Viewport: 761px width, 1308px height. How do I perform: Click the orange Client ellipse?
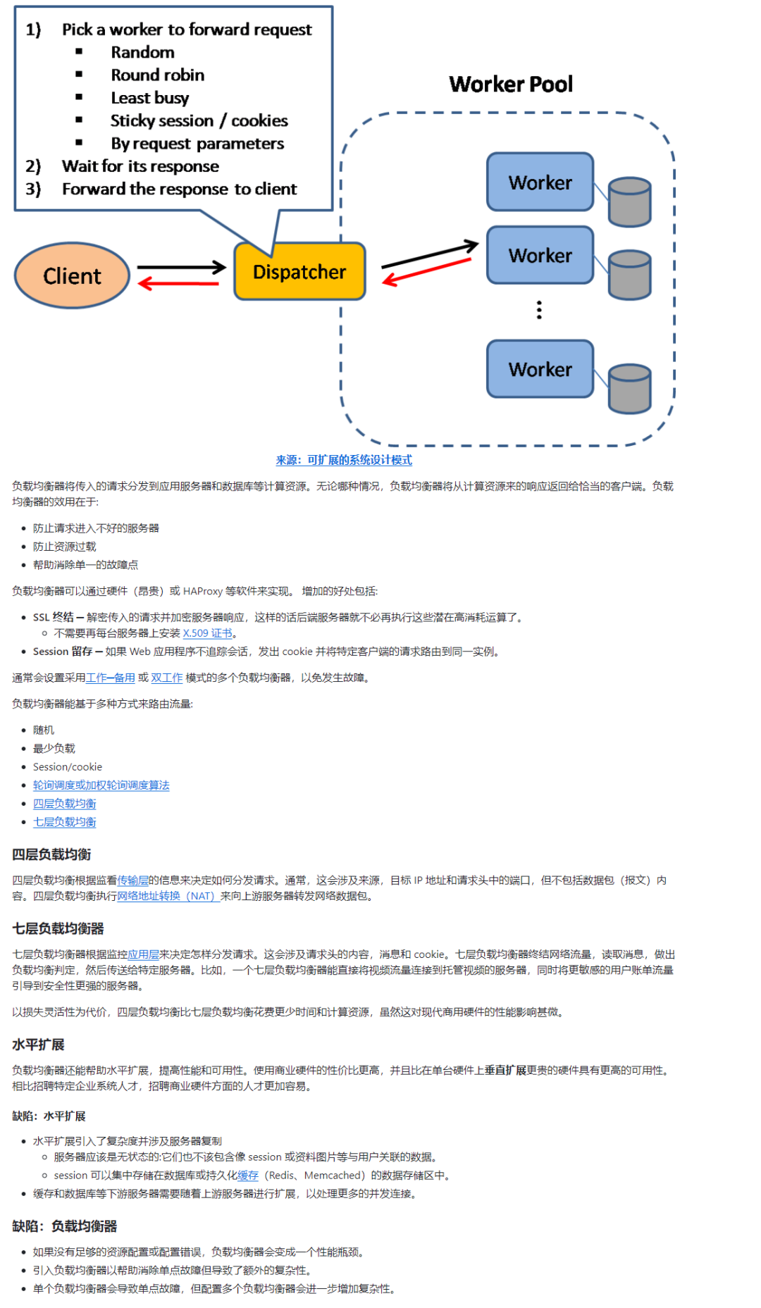[x=72, y=275]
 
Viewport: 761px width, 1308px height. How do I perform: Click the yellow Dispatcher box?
[x=299, y=272]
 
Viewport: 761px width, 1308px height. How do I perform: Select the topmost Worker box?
[x=540, y=182]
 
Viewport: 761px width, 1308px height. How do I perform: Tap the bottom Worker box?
[x=540, y=369]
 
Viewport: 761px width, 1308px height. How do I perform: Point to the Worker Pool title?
[x=511, y=85]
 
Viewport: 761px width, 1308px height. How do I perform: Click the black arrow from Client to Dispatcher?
[x=181, y=267]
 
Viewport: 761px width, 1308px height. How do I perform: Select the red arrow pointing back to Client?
[x=180, y=284]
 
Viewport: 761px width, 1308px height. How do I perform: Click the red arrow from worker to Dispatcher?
[x=427, y=272]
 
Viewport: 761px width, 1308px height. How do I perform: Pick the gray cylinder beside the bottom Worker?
[x=629, y=388]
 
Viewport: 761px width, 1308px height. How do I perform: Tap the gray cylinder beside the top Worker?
[x=629, y=202]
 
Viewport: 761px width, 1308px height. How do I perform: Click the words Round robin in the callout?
[x=158, y=75]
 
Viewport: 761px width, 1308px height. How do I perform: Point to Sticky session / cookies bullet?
[x=199, y=121]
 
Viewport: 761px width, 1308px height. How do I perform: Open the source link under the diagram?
[x=344, y=460]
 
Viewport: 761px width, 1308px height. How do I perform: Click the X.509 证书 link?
[x=207, y=633]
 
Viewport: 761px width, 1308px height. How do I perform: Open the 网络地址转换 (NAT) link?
[x=167, y=896]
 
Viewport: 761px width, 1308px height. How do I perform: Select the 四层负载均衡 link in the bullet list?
[x=64, y=804]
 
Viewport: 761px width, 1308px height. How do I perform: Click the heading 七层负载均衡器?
[x=58, y=928]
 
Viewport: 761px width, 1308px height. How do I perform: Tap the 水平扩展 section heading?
[x=38, y=1044]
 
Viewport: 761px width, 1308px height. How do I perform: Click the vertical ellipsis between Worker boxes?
[x=539, y=310]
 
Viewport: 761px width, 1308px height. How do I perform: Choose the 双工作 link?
[x=166, y=678]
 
